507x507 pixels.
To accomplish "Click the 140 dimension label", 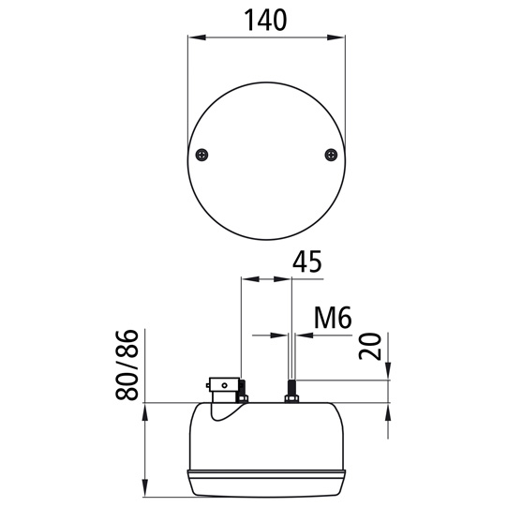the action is pyautogui.click(x=265, y=20).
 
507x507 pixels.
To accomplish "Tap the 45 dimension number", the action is pyautogui.click(x=306, y=261).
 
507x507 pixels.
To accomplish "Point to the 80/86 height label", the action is pyautogui.click(x=127, y=365).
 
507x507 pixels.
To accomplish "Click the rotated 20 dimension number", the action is pyautogui.click(x=369, y=347).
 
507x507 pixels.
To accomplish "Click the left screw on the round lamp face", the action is pyautogui.click(x=201, y=155).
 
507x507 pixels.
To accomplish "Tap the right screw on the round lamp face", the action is pyautogui.click(x=331, y=155).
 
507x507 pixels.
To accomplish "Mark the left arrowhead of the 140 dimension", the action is pyautogui.click(x=197, y=37).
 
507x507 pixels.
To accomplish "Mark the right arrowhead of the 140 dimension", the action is pyautogui.click(x=336, y=37).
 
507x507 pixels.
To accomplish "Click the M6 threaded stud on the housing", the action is pyautogui.click(x=291, y=387).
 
